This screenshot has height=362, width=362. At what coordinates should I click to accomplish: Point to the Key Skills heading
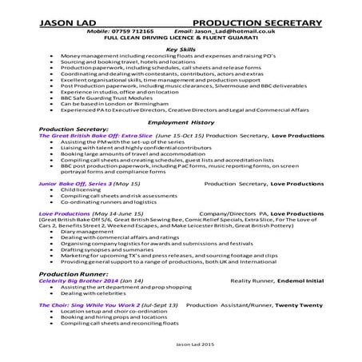pyautogui.click(x=181, y=50)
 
